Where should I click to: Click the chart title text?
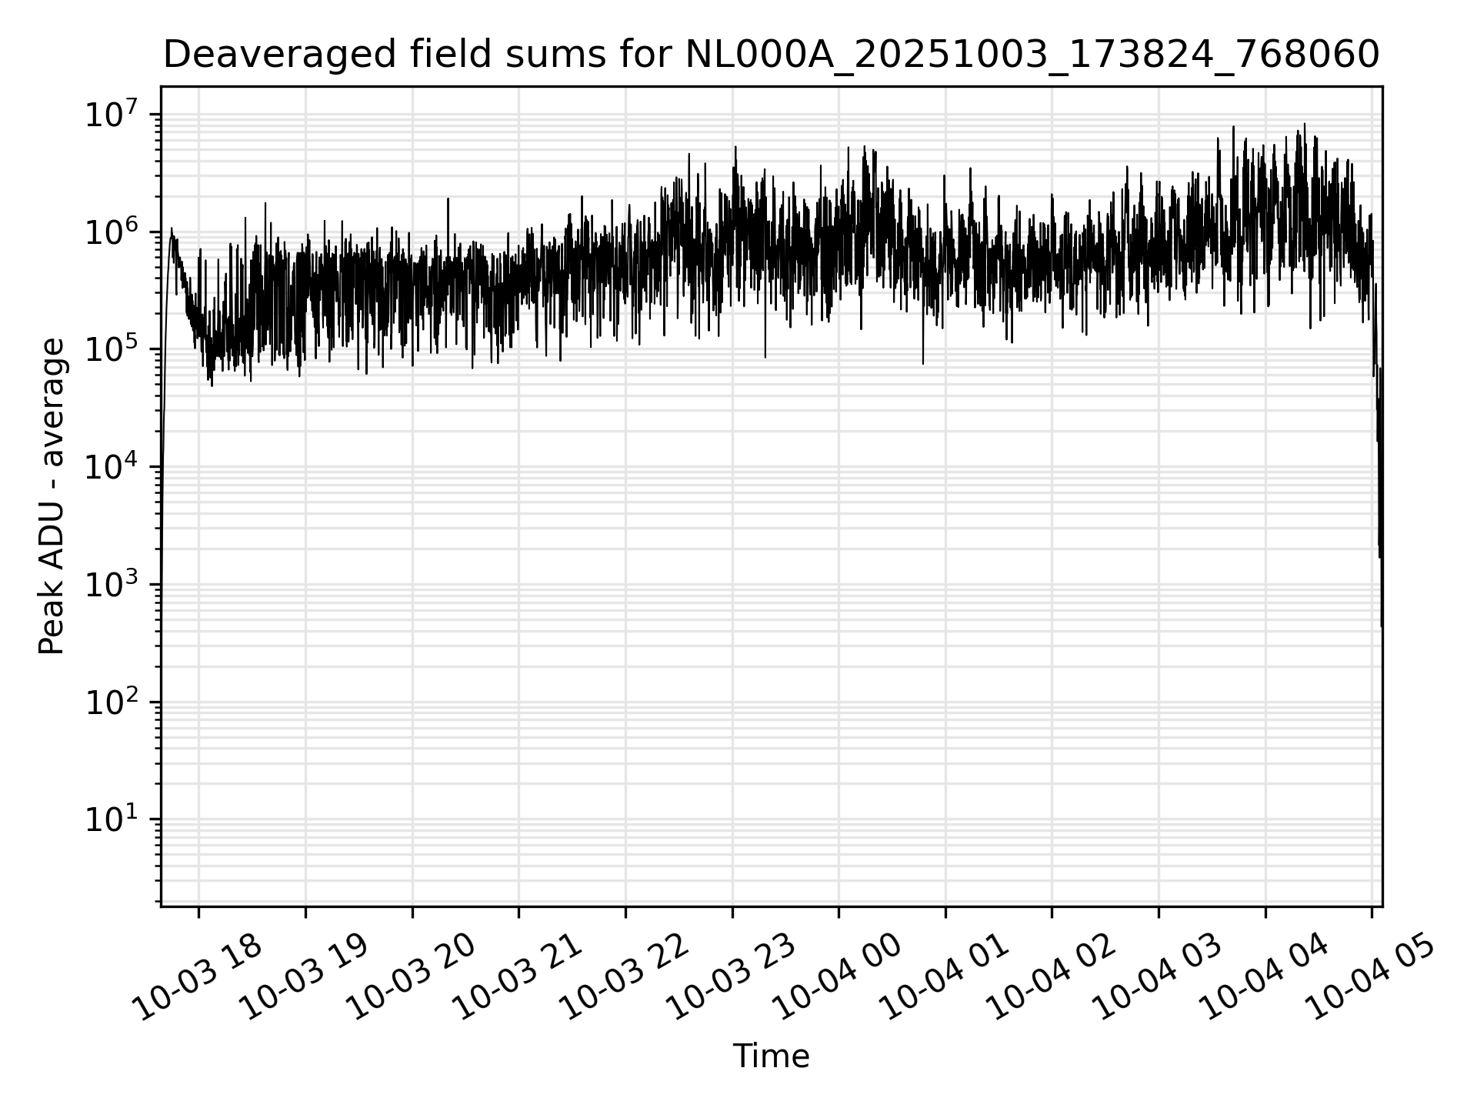point(771,55)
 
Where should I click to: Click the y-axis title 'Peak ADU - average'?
point(52,497)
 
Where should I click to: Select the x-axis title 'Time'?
point(771,1057)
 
